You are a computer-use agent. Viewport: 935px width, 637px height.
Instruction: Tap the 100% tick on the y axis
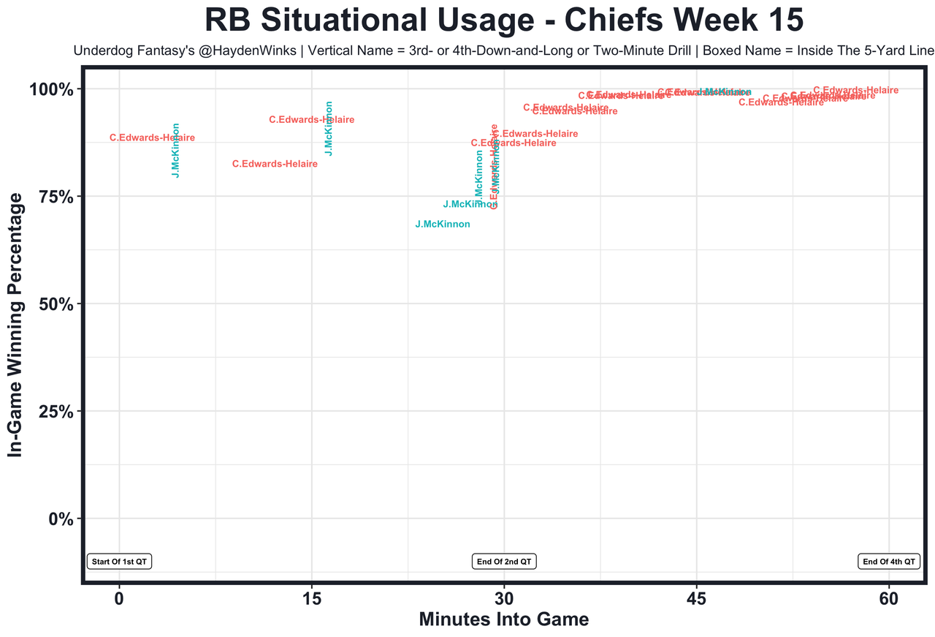click(52, 90)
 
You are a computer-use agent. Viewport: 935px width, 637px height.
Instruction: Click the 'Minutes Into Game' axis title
click(503, 619)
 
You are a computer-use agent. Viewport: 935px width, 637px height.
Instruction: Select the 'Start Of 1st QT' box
click(119, 562)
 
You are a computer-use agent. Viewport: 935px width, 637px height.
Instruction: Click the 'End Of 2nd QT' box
click(504, 562)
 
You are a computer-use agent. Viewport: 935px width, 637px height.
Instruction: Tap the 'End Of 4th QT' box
click(888, 562)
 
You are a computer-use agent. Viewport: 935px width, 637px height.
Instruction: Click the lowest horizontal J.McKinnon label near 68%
click(443, 225)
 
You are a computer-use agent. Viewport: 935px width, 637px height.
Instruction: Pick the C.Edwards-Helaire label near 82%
click(275, 165)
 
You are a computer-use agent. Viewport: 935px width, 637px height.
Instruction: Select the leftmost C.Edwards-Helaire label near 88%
click(152, 138)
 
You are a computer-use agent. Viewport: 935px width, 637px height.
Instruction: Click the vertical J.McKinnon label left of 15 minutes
click(175, 150)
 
